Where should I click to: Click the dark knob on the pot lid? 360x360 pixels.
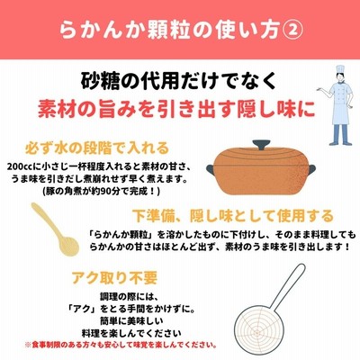pyautogui.click(x=261, y=146)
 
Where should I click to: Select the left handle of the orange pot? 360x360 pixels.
pyautogui.click(x=210, y=168)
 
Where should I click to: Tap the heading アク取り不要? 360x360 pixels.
pyautogui.click(x=114, y=278)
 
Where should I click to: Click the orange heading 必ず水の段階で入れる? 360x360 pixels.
pyautogui.click(x=97, y=148)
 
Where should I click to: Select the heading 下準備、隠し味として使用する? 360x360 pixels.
pyautogui.click(x=233, y=215)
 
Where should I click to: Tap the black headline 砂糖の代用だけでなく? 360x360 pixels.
pyautogui.click(x=178, y=81)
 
